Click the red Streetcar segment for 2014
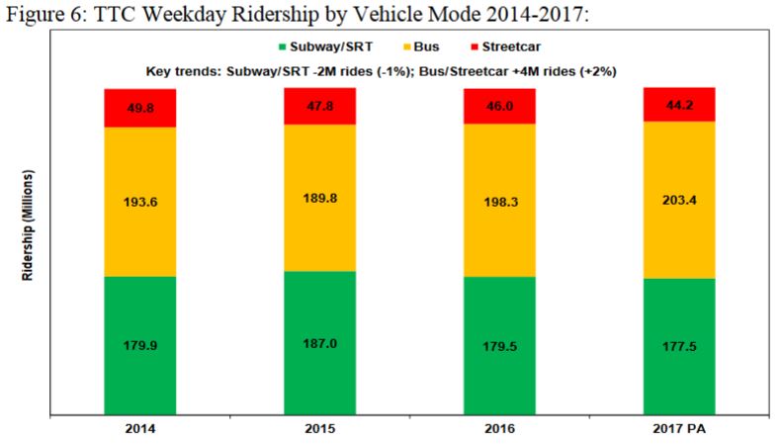[x=140, y=108]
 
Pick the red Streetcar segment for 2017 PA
[x=679, y=104]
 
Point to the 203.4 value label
[x=679, y=200]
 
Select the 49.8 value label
[x=140, y=108]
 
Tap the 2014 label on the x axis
[x=140, y=429]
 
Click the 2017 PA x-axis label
[x=679, y=429]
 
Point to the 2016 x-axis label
[x=499, y=429]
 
